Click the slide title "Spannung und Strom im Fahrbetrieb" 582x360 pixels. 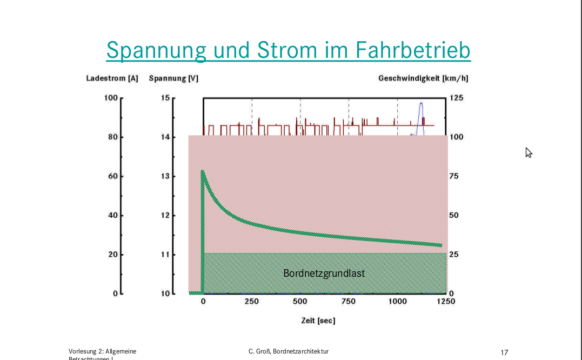288,50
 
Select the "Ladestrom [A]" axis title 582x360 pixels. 112,78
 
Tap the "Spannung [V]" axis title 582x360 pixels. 173,78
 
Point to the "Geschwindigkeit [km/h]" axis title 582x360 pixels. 423,78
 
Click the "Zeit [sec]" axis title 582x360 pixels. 318,321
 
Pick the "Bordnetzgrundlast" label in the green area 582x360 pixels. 324,274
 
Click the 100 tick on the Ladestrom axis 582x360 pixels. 111,98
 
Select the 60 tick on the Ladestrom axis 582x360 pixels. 112,176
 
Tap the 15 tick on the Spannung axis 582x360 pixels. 165,98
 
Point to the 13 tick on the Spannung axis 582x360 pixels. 165,176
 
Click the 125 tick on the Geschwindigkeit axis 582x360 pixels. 456,98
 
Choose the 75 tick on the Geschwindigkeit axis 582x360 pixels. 454,176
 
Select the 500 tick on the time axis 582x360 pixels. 300,302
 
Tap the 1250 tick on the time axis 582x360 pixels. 446,302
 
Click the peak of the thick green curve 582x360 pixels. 203,171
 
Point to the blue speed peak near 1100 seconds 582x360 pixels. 421,103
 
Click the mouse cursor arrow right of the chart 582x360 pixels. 529,152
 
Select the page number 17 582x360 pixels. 504,352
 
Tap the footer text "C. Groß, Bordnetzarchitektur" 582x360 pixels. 285,351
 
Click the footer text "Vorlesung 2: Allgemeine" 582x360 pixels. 103,351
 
